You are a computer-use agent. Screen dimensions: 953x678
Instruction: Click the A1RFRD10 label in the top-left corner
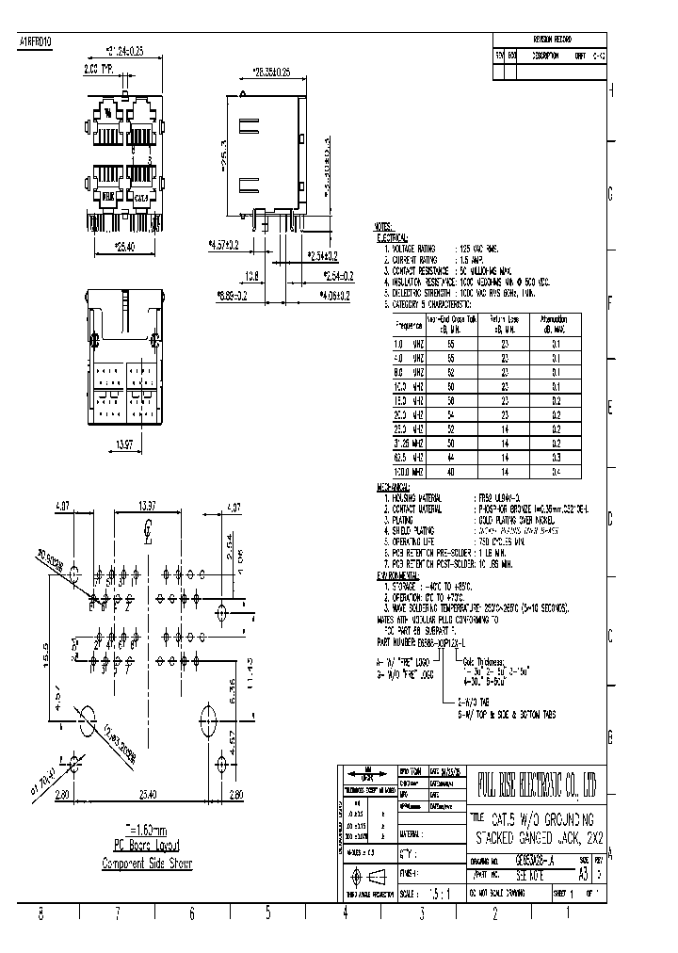coord(37,43)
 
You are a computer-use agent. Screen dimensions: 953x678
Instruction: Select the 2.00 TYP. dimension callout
coord(100,70)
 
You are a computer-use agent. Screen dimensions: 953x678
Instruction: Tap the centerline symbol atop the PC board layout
coord(147,529)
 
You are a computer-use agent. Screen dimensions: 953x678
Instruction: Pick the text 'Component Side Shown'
coord(146,864)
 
